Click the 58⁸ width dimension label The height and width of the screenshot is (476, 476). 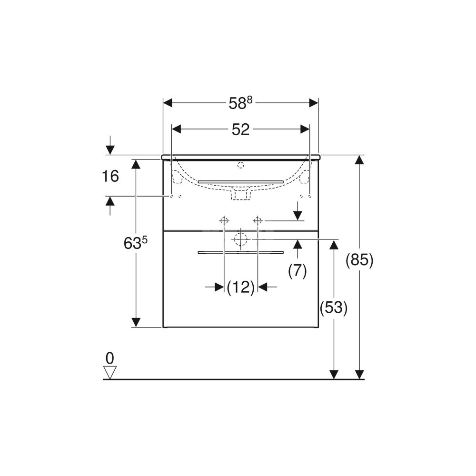pyautogui.click(x=240, y=103)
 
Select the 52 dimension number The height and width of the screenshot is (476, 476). pyautogui.click(x=240, y=129)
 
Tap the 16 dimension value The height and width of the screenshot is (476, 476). pyautogui.click(x=110, y=176)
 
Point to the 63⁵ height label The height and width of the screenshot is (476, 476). pyautogui.click(x=135, y=243)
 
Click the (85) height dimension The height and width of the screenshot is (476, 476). pyautogui.click(x=359, y=260)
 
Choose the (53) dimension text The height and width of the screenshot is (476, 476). pyautogui.click(x=333, y=307)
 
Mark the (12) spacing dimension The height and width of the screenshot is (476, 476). pyautogui.click(x=241, y=287)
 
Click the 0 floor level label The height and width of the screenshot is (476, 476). pyautogui.click(x=109, y=358)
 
